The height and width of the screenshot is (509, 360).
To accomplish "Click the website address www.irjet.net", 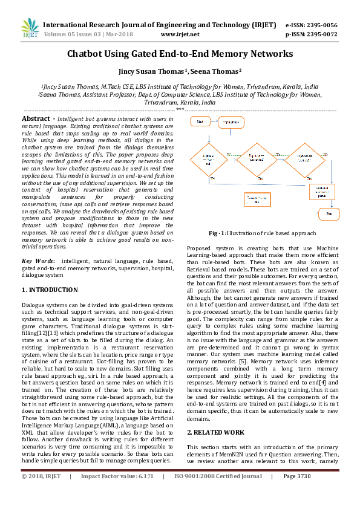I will [180, 34].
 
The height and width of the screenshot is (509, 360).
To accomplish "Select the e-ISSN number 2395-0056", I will [320, 25].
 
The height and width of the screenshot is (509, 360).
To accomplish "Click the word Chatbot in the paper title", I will [87, 54].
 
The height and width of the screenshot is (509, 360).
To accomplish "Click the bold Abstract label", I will [36, 119].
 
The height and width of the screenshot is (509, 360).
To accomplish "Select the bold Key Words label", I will [39, 261].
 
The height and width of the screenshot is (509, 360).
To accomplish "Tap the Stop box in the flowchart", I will [329, 213].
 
